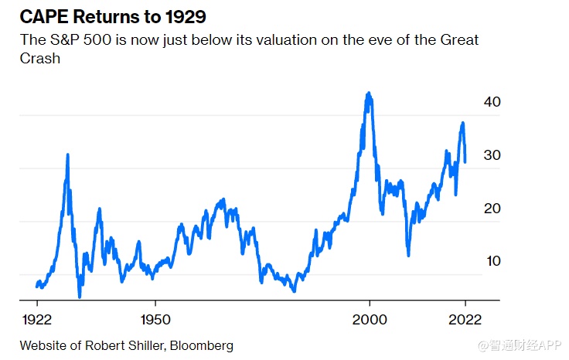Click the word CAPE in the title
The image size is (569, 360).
coord(40,15)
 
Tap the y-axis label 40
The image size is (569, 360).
coord(492,102)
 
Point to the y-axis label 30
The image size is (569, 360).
coord(492,155)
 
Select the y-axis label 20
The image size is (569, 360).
coord(492,209)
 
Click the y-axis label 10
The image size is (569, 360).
coord(492,261)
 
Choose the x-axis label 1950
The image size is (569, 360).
coord(155,318)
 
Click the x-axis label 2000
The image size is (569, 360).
coord(369,318)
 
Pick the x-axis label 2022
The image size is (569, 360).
coord(465,318)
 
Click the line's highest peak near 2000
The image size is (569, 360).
coord(369,93)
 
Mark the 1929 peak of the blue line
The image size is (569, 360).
coord(68,155)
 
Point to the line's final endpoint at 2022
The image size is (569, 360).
coord(465,161)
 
